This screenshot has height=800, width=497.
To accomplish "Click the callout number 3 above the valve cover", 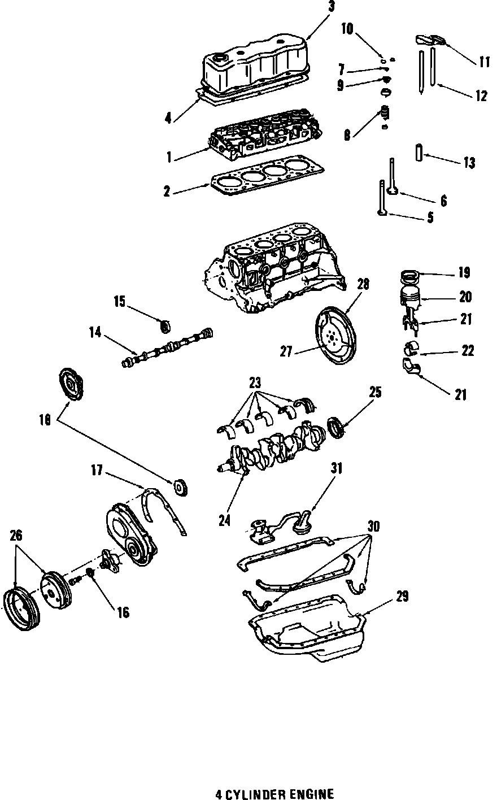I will (x=332, y=7).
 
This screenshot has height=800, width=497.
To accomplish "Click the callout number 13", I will (x=469, y=163).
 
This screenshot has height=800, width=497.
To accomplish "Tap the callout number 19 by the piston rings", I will (x=464, y=273).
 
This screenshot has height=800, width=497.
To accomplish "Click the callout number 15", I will (x=119, y=301).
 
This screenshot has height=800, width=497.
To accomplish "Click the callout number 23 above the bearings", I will (x=256, y=381).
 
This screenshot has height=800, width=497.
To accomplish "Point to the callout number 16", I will (x=123, y=612).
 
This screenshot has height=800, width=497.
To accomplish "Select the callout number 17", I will (x=97, y=469).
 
